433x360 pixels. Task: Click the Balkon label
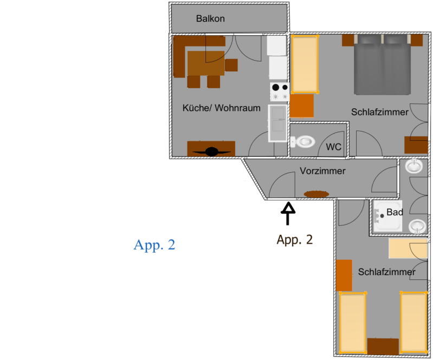(210, 18)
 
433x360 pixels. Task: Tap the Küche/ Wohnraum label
(222, 108)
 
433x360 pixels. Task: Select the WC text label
(334, 147)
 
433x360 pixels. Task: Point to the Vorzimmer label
(322, 171)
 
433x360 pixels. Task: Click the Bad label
(395, 212)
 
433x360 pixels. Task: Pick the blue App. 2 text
(154, 245)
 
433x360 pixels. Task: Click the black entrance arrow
(288, 213)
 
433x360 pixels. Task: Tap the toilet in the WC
(302, 142)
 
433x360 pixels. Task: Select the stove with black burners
(280, 92)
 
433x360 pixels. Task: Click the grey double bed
(382, 65)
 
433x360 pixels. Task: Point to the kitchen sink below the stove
(277, 123)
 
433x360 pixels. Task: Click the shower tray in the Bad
(387, 216)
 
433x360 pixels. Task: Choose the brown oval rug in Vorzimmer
(316, 194)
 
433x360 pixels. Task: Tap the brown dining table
(206, 63)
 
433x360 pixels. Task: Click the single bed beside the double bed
(305, 64)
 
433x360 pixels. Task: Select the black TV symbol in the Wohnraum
(212, 152)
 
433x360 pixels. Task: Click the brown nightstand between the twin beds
(383, 346)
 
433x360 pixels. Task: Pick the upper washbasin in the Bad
(413, 166)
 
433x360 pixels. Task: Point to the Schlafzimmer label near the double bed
(380, 112)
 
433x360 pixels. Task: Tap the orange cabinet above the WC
(301, 106)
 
